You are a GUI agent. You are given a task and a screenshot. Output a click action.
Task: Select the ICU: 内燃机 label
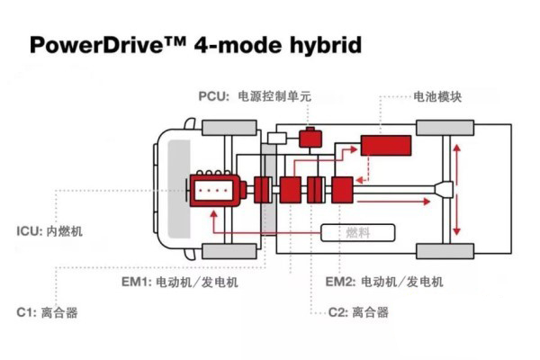tap(49, 231)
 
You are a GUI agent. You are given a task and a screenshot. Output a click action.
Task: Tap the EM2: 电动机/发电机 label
tap(384, 282)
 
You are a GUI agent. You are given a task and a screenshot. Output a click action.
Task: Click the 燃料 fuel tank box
tap(358, 233)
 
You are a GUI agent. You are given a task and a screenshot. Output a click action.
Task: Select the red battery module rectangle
tap(387, 147)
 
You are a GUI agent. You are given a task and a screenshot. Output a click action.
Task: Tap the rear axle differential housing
tap(442, 189)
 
